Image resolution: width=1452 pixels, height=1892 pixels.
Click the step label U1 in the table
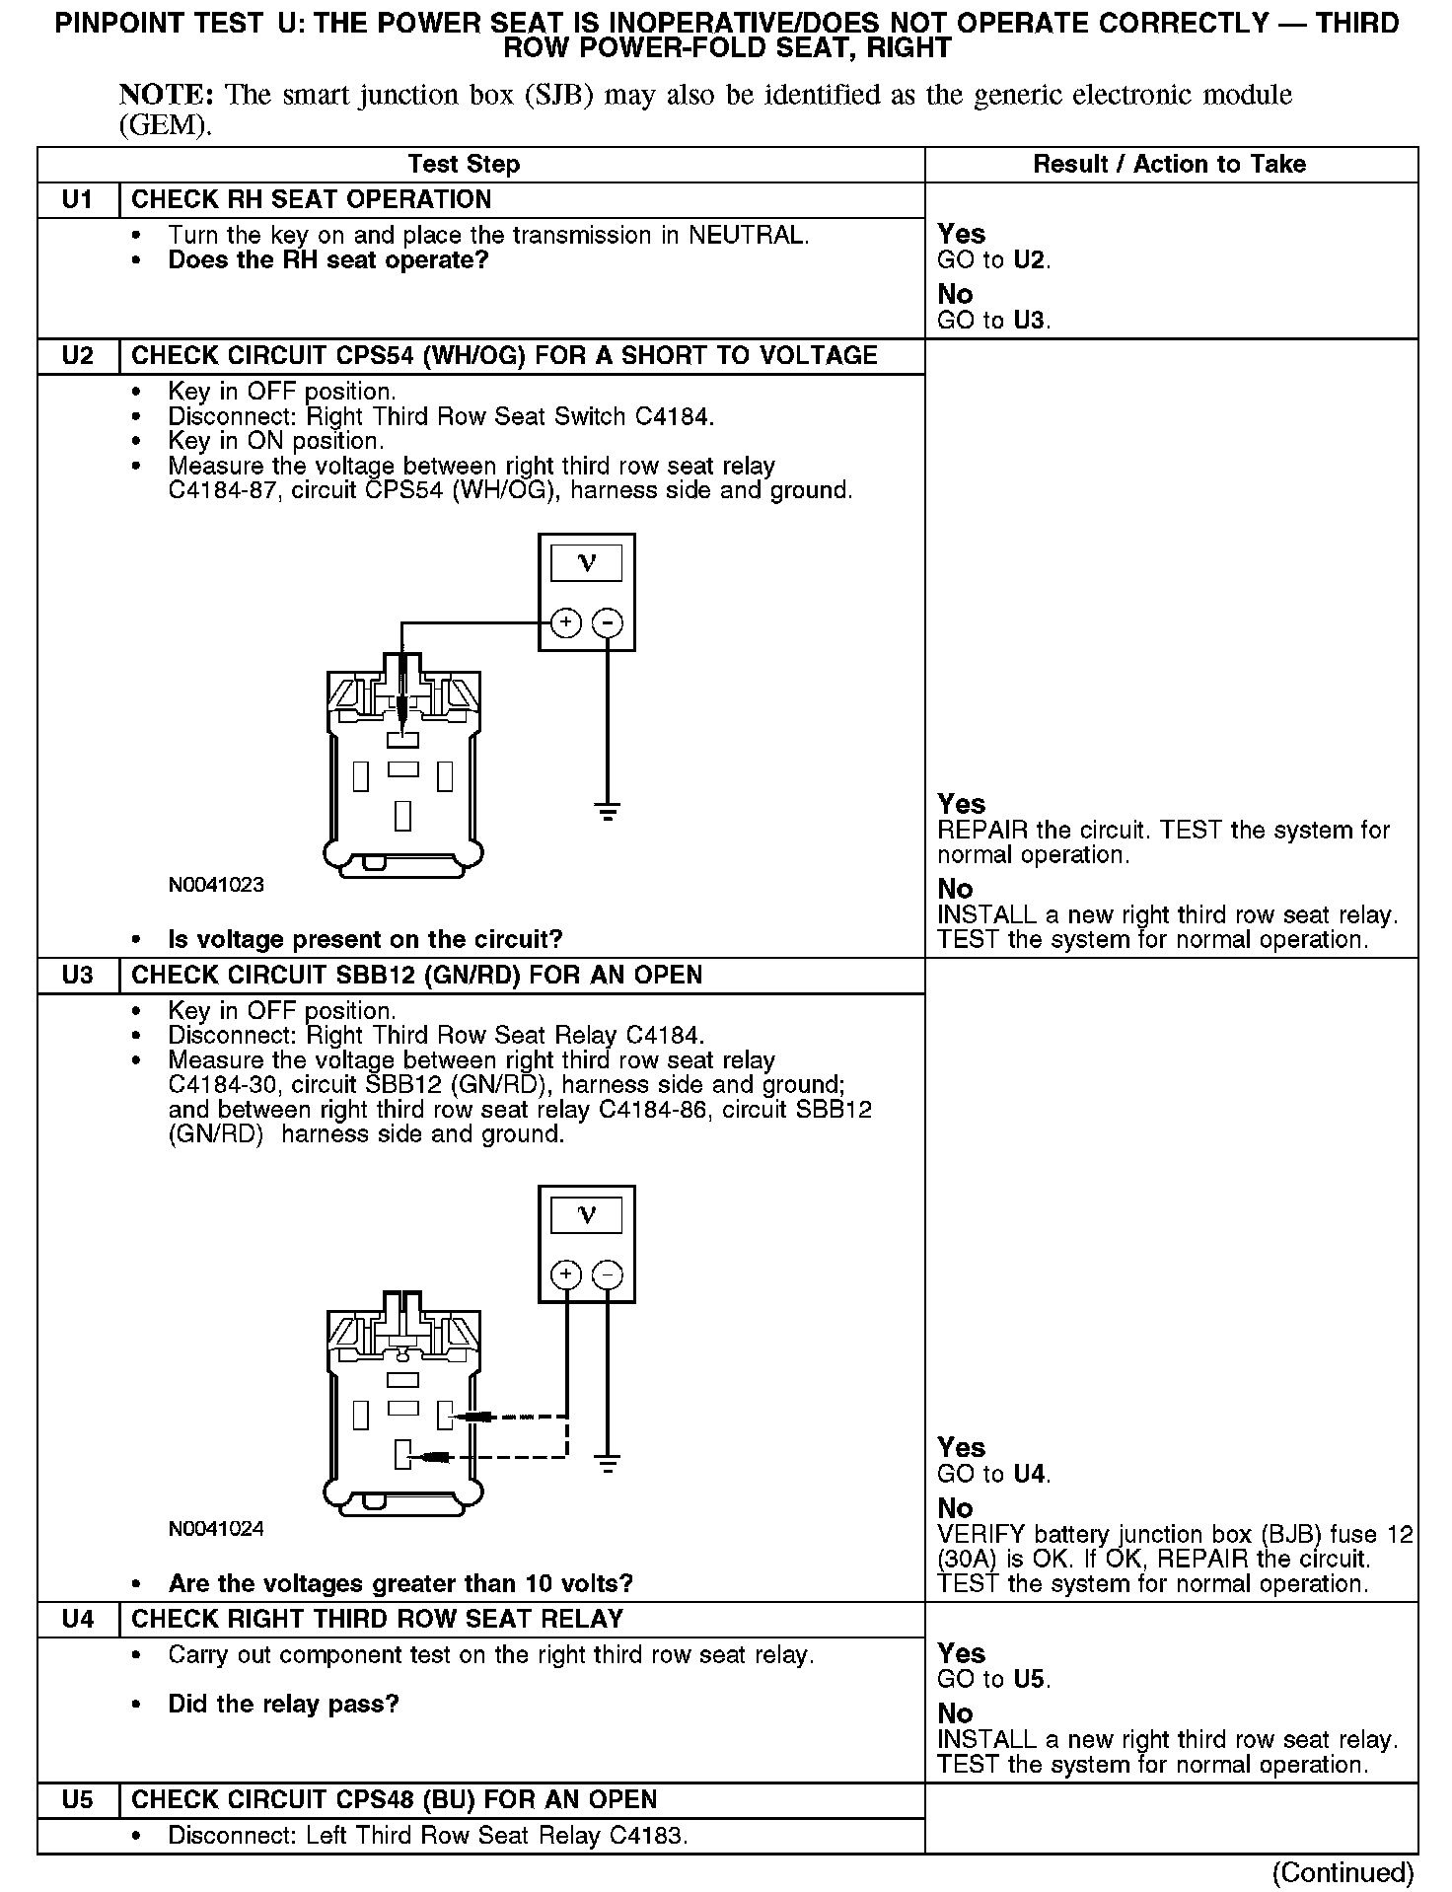[x=77, y=200]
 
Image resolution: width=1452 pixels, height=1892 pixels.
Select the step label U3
[x=77, y=976]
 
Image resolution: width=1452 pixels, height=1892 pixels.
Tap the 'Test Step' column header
[x=464, y=165]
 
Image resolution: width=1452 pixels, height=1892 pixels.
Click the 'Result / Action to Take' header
[x=1169, y=165]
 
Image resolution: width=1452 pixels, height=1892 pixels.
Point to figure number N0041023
[x=216, y=885]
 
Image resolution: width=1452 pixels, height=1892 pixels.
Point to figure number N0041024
[x=216, y=1529]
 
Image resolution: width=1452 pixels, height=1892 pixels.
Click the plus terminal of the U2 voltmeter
[x=565, y=622]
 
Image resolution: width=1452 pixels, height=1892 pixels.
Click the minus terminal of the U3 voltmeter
[x=608, y=1274]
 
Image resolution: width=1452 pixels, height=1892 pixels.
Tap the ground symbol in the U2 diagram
[x=608, y=813]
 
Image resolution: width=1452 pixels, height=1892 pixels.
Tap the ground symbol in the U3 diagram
[x=608, y=1463]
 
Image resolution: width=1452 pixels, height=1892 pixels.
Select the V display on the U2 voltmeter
[x=587, y=563]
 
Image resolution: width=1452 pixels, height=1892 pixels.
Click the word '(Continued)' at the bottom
[x=1343, y=1871]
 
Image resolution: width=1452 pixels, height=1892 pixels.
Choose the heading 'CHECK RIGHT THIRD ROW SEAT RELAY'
[x=377, y=1619]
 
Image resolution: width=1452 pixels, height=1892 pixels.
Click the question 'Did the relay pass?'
[x=283, y=1704]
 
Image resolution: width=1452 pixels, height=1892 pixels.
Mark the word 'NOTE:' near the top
[x=166, y=95]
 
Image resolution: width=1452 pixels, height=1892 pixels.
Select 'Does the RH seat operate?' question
[x=327, y=260]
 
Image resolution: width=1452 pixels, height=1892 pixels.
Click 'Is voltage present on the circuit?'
[x=365, y=939]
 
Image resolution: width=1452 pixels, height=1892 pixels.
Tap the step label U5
[x=77, y=1800]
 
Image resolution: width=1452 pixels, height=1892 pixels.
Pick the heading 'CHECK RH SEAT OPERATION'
[x=311, y=200]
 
